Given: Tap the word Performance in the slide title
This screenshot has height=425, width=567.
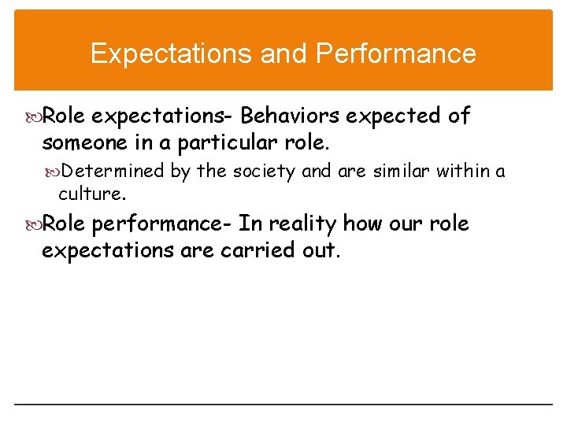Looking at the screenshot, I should tap(396, 54).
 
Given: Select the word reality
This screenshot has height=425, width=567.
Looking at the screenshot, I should tap(303, 224).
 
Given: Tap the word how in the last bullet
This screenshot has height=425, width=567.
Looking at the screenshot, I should tap(361, 224).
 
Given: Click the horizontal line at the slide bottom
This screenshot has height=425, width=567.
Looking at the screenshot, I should tap(283, 405).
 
